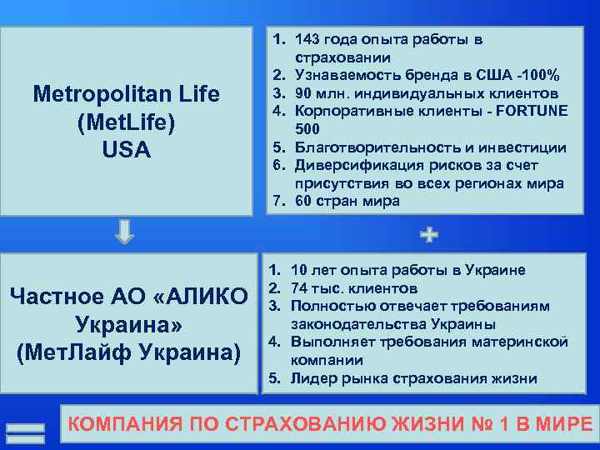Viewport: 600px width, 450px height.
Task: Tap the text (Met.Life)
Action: pyautogui.click(x=126, y=122)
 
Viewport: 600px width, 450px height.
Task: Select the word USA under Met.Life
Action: pyautogui.click(x=126, y=151)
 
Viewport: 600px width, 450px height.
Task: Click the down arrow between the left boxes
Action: pyautogui.click(x=124, y=231)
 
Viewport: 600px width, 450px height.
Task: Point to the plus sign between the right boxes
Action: pyautogui.click(x=429, y=236)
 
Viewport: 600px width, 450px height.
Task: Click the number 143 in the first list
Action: pyautogui.click(x=310, y=39)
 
